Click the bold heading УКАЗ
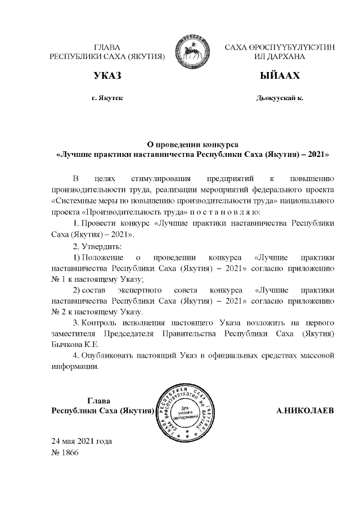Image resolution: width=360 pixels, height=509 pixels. tap(107, 76)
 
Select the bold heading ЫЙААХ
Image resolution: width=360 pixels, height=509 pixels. tap(280, 76)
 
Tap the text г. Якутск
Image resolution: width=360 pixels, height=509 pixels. tap(107, 98)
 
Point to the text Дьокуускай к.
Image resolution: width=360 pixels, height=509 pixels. tap(280, 98)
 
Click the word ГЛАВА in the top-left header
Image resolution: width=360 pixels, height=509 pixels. tap(107, 47)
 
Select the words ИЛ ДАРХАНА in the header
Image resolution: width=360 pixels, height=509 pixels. tap(280, 57)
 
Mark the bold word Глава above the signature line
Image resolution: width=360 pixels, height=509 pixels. tap(98, 400)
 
